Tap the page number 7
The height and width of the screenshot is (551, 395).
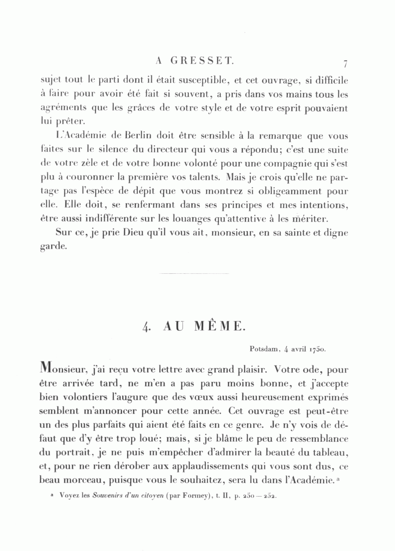(346, 64)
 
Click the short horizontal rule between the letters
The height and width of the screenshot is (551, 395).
(194, 274)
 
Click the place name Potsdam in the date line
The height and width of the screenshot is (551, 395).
(264, 350)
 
